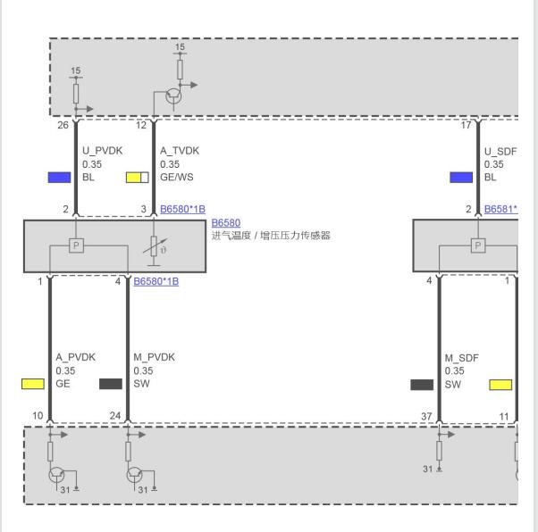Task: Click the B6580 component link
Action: [x=226, y=223]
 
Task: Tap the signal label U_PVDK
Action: [x=102, y=151]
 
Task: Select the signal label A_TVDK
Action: [x=180, y=151]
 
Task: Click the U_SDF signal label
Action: [x=500, y=152]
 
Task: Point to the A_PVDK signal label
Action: [x=75, y=357]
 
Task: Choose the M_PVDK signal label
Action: [x=154, y=357]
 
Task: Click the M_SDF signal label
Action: [x=461, y=358]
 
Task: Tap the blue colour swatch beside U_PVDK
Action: [x=59, y=178]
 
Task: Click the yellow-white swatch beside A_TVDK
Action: [x=138, y=178]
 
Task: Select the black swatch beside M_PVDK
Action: [x=111, y=384]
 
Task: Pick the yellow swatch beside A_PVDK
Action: [x=33, y=384]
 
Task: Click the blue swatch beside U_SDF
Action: [x=461, y=178]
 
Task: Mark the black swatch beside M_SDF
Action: [x=422, y=385]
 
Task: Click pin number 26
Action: [x=63, y=125]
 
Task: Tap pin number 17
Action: [x=466, y=125]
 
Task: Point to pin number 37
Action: [x=426, y=417]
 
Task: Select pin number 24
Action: [x=115, y=416]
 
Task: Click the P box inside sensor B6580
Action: [x=76, y=245]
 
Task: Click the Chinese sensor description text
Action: [x=271, y=236]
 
